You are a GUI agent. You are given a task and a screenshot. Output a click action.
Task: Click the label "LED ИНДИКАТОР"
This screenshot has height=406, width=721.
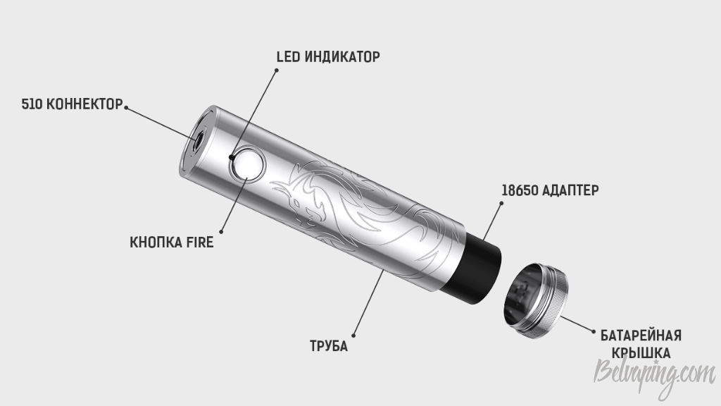(328, 56)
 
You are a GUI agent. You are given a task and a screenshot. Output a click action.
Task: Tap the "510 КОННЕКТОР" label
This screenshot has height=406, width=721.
(73, 104)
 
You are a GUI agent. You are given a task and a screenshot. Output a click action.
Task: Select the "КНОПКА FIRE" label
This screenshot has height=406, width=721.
(172, 242)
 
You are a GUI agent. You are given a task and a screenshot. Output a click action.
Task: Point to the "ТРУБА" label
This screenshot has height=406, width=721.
(329, 345)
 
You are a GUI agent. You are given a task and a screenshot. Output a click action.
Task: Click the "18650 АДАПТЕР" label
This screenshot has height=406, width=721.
(550, 190)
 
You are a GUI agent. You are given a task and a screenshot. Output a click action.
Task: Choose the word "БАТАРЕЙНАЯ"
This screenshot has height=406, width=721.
(641, 335)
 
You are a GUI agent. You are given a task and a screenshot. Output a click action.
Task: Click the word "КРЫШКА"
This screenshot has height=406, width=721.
(641, 353)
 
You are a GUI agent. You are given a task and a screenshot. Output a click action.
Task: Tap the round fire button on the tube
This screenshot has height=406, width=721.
(249, 165)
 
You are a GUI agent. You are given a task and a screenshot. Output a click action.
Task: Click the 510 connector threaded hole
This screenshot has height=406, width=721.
(198, 142)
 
